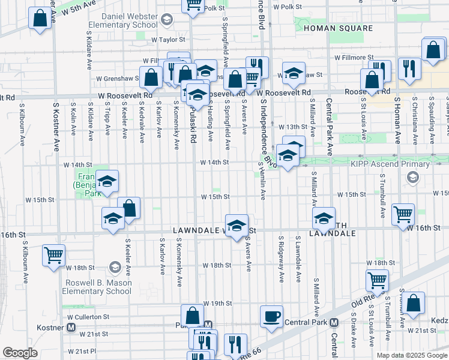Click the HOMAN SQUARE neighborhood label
pyautogui.click(x=330, y=28)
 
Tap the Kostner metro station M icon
pyautogui.click(x=71, y=328)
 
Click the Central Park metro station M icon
pyautogui.click(x=334, y=322)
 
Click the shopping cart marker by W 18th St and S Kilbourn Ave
pyautogui.click(x=53, y=255)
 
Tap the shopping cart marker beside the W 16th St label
pyautogui.click(x=403, y=214)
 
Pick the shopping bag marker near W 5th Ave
pyautogui.click(x=40, y=18)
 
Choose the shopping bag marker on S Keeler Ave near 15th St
pyautogui.click(x=128, y=208)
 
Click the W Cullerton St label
pyautogui.click(x=88, y=316)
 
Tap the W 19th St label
pyautogui.click(x=217, y=304)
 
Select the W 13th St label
pyautogui.click(x=293, y=127)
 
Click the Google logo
pyautogui.click(x=20, y=353)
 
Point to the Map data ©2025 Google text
pyautogui.click(x=411, y=355)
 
